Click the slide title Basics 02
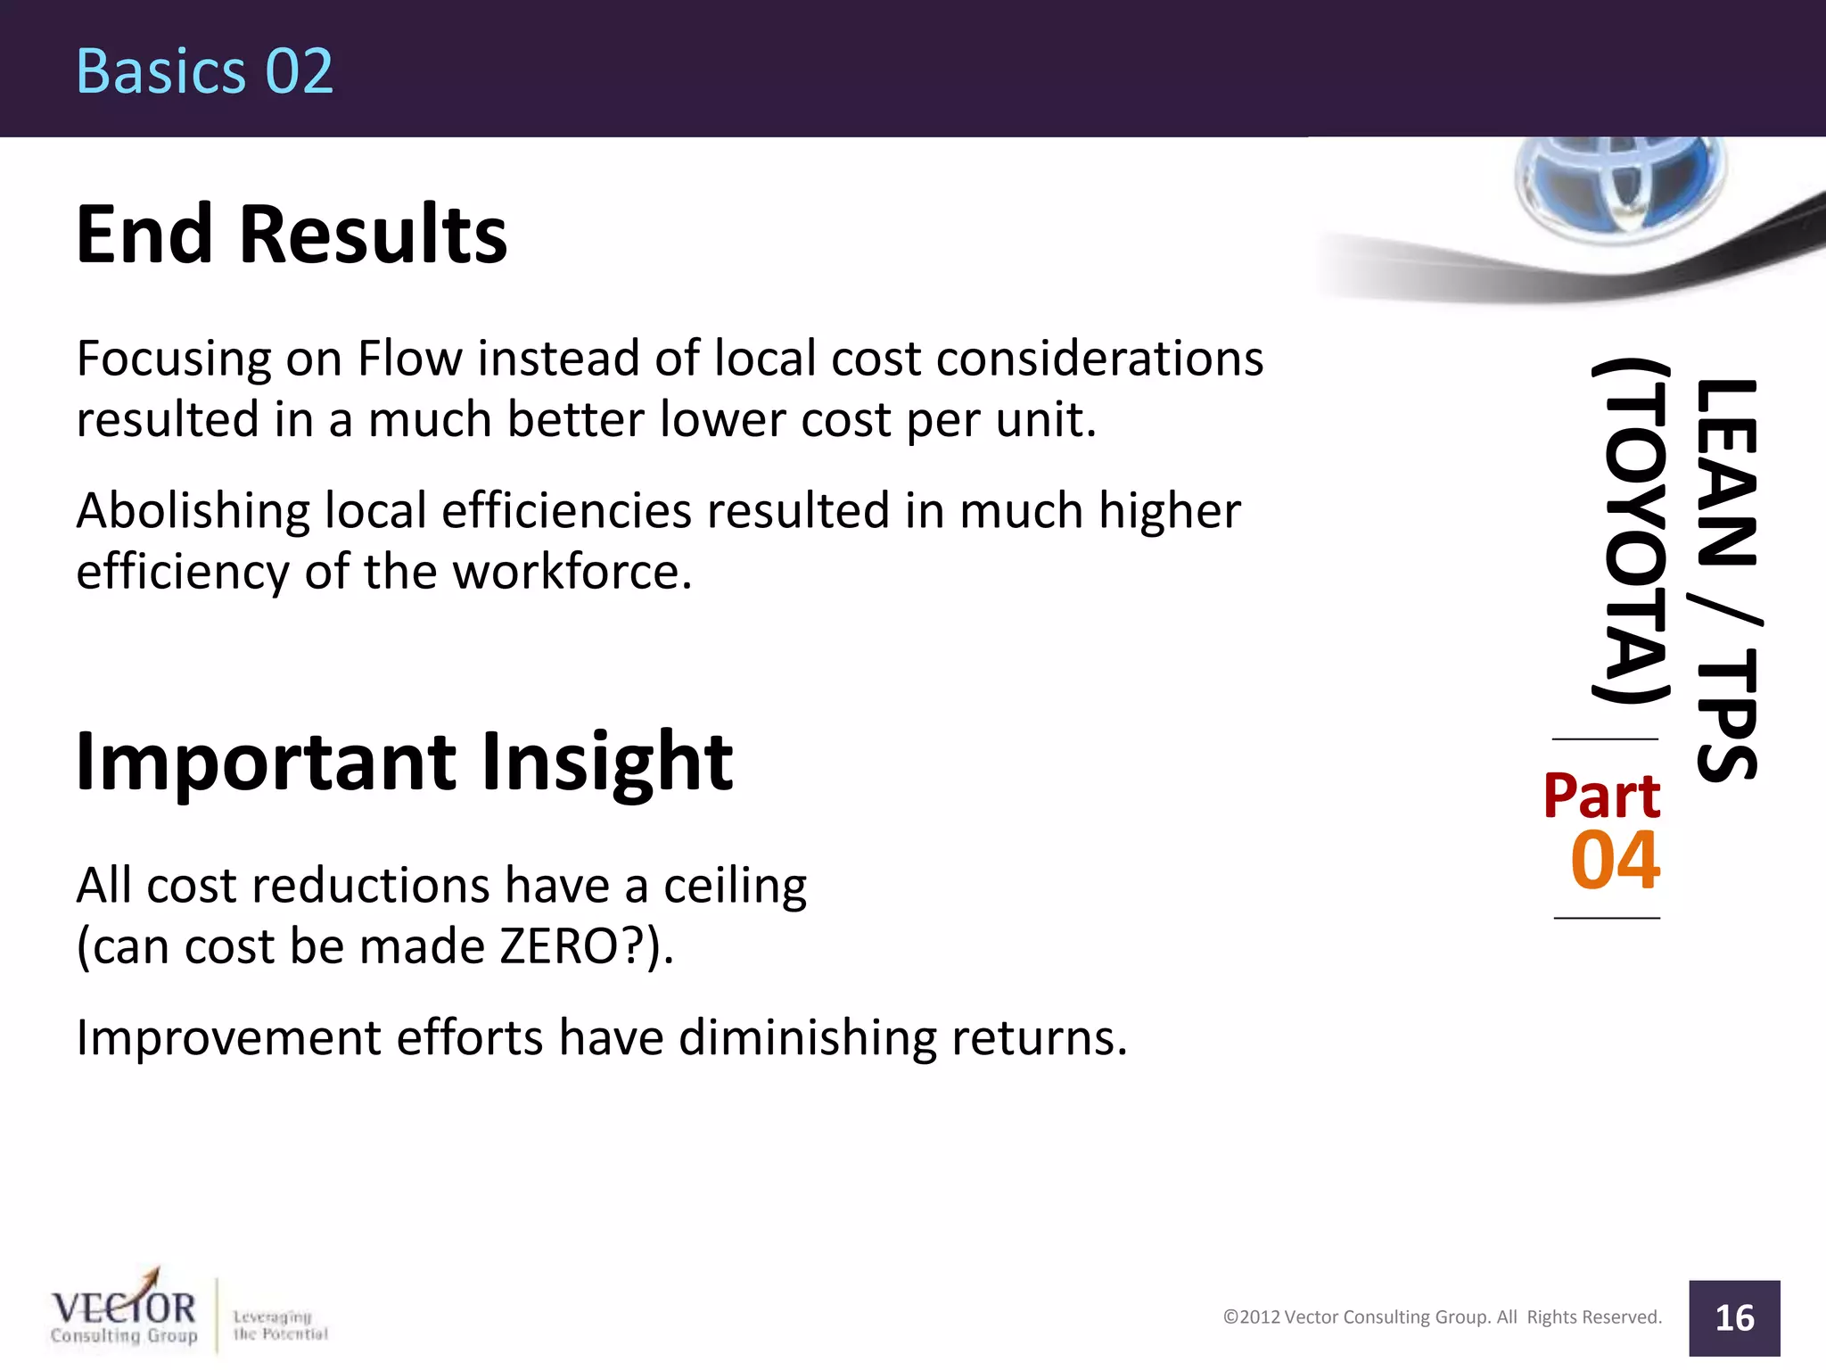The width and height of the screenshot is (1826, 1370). pos(204,71)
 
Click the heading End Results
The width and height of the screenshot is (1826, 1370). pos(292,235)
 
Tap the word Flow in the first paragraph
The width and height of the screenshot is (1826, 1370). pos(409,359)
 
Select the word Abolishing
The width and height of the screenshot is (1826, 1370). pos(193,512)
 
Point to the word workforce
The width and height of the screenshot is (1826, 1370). pos(572,572)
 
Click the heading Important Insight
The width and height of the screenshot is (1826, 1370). pos(404,762)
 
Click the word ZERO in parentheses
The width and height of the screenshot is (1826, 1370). pos(559,946)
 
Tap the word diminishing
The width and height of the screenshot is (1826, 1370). pos(807,1038)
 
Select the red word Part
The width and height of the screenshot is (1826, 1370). pos(1601,796)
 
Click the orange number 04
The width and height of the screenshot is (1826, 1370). pos(1615,861)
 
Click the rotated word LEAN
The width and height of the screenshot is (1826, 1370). pos(1726,473)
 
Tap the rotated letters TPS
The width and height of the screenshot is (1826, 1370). pos(1726,714)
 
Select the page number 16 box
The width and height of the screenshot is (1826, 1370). pos(1733,1318)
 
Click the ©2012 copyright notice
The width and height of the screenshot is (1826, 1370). pos(1442,1317)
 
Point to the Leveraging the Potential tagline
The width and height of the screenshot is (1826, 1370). pos(280,1325)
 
